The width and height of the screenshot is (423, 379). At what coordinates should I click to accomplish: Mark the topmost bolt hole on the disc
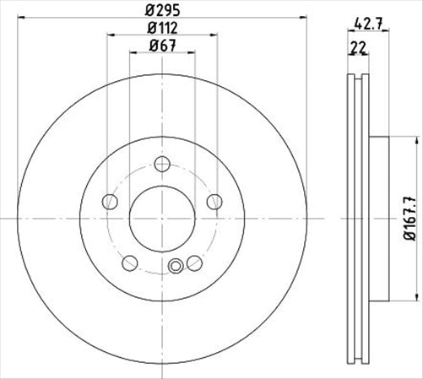click(x=161, y=165)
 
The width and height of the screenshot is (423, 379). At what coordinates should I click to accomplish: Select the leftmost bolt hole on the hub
click(x=108, y=201)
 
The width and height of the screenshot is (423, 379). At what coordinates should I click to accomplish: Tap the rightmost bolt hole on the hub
click(x=214, y=201)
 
